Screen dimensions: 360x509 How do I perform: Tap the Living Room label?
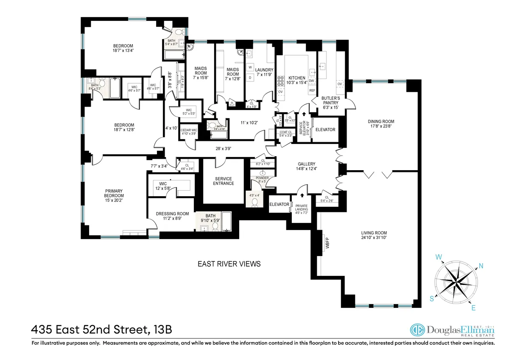374,235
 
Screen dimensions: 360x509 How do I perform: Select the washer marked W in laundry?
250,67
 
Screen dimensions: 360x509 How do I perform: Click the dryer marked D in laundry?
250,77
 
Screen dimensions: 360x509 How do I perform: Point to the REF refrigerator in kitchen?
312,91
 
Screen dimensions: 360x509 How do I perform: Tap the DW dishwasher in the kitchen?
312,81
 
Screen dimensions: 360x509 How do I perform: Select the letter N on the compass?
481,266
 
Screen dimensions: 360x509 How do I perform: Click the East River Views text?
229,264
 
